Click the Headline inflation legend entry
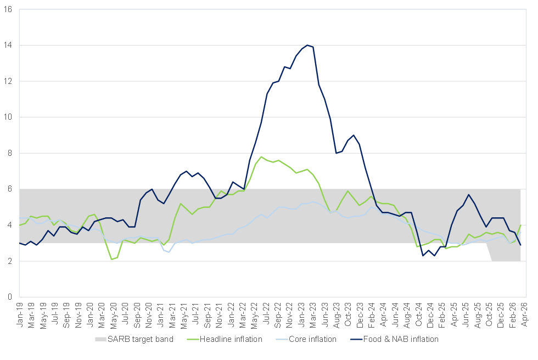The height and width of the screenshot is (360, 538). point(225,339)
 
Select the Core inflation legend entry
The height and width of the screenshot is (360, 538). point(306,339)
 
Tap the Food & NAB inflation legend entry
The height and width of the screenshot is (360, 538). point(394,339)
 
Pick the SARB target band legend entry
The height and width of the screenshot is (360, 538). point(134,339)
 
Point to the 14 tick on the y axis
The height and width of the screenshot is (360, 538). point(8,45)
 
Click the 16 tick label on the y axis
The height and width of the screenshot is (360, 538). point(8,9)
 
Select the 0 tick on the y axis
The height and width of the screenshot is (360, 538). point(10,297)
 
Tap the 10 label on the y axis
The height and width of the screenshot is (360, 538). point(8,117)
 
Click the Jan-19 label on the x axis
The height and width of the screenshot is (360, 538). point(20,315)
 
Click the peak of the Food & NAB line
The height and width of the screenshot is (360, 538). point(307,45)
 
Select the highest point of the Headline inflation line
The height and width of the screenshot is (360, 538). point(261,157)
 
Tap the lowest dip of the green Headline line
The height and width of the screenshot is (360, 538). point(112,259)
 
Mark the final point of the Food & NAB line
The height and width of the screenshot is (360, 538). point(521,245)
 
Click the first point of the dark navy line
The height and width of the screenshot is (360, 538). point(20,243)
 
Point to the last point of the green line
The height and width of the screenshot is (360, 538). point(521,225)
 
